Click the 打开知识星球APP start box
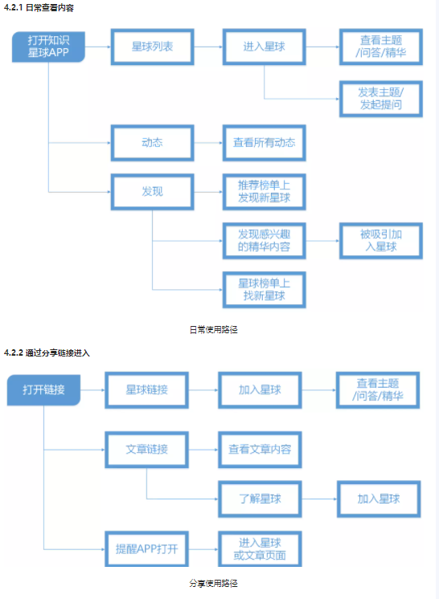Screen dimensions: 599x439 49,47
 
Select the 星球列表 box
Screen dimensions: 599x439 152,47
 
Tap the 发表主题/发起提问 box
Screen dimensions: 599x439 380,97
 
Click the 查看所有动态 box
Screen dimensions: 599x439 264,142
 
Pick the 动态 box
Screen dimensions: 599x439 152,142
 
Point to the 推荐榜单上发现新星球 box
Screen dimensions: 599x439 264,191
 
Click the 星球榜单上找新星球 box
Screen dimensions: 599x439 264,289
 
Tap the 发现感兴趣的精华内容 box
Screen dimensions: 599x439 264,240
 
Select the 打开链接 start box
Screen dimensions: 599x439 44,390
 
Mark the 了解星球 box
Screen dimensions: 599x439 259,499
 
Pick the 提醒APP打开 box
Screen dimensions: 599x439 146,551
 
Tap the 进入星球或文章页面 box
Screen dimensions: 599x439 259,551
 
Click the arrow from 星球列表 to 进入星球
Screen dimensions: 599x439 207,47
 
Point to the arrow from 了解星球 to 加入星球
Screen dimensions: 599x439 318,499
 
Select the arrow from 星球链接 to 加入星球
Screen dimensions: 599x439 203,390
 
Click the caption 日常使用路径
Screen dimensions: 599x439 213,329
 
